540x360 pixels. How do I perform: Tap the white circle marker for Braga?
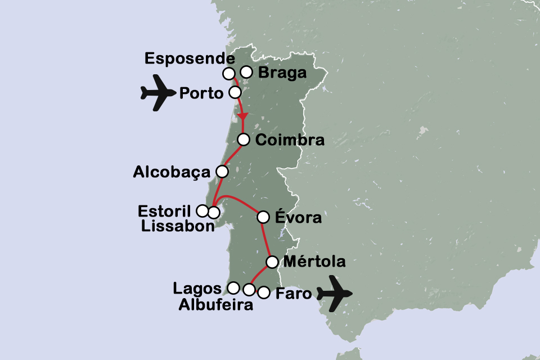click(246, 71)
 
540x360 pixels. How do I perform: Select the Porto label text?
click(201, 93)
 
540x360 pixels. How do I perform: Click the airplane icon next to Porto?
click(158, 93)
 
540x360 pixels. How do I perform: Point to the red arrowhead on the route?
click(242, 116)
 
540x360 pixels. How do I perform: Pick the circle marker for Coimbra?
click(244, 139)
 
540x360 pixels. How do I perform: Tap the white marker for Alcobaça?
click(222, 171)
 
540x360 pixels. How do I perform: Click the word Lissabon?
click(178, 226)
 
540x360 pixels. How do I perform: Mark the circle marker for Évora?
click(263, 217)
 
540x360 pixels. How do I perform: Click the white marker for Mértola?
click(272, 262)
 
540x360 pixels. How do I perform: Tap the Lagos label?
click(197, 289)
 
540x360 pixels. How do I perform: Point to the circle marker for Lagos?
click(233, 288)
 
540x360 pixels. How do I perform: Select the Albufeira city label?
click(215, 305)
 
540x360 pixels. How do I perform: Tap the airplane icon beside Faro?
click(334, 293)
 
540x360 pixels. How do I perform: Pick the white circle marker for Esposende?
click(228, 73)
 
